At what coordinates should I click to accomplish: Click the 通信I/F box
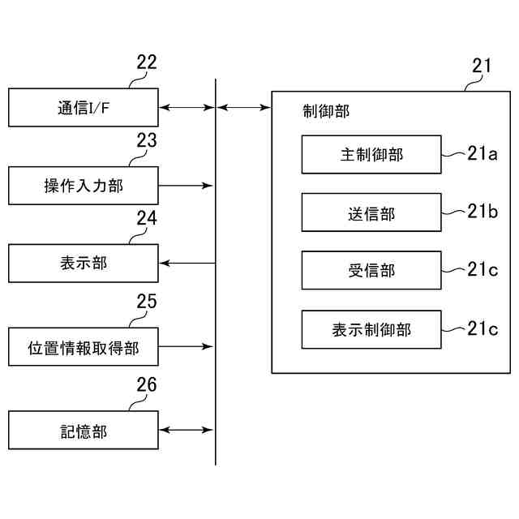point(84,107)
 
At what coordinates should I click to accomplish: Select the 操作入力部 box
point(84,186)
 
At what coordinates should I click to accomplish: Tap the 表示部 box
point(84,263)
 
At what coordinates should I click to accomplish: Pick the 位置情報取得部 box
point(84,347)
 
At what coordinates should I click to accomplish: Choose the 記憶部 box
point(84,430)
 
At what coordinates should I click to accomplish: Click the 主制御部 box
point(371,154)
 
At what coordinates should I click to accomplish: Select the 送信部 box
point(371,212)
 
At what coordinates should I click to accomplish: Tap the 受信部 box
point(371,270)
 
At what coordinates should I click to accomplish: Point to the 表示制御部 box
point(371,329)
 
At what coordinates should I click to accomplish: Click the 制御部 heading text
point(326,111)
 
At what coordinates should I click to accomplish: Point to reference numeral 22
point(147,63)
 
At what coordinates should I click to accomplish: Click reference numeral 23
point(147,140)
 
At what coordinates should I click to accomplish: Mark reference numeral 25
point(147,302)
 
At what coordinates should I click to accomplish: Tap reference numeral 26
point(147,384)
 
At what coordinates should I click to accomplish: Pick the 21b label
point(482,212)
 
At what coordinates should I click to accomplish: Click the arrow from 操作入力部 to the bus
point(187,186)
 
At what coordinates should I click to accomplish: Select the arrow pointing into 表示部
point(187,263)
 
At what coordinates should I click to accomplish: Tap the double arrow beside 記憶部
point(187,430)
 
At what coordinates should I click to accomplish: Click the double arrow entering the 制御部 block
point(244,107)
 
